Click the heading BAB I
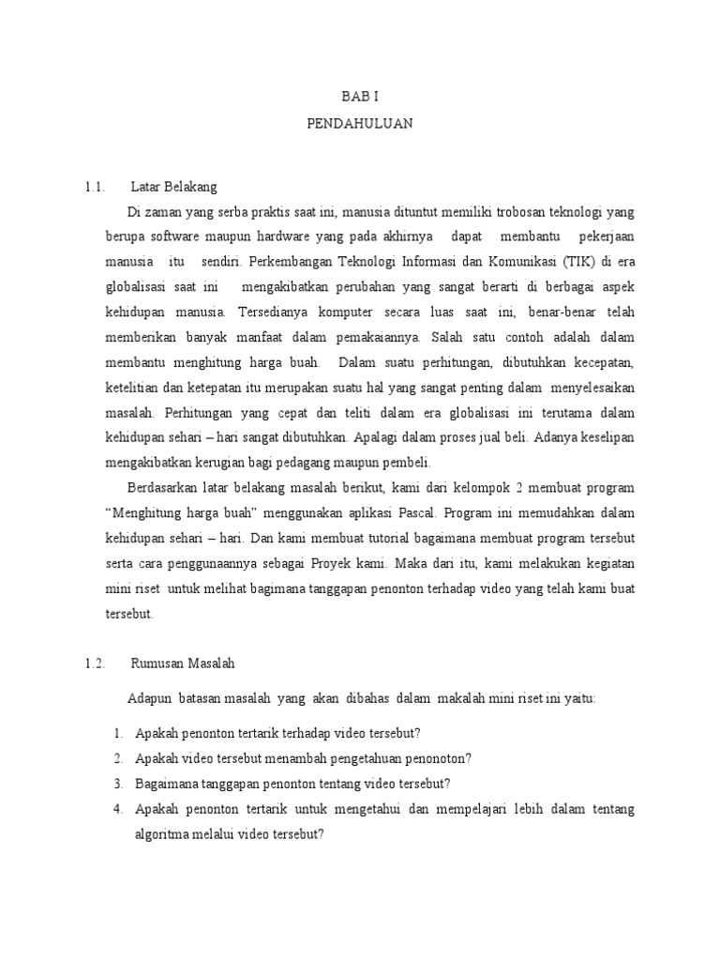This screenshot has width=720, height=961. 360,96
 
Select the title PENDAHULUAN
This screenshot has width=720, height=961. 360,123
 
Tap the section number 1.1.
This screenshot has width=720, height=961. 93,186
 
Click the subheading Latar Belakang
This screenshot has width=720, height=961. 174,186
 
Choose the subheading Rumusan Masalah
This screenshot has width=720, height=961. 183,663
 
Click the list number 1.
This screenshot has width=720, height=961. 118,732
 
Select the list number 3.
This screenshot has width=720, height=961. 118,783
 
